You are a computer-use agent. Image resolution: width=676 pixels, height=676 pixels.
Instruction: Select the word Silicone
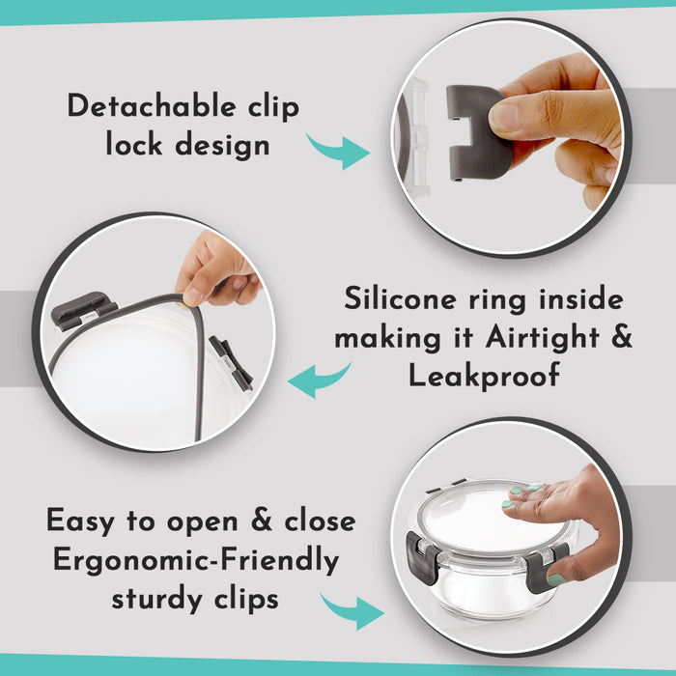400,297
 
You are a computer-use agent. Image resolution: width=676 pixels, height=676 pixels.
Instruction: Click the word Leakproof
484,375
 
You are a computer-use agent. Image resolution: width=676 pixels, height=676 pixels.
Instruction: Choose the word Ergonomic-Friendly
196,560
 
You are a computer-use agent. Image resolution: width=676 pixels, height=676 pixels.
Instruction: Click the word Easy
80,521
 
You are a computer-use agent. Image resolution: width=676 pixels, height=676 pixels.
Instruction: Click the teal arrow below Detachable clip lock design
338,151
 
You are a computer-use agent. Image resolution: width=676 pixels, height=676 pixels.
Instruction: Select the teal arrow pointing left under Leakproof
319,380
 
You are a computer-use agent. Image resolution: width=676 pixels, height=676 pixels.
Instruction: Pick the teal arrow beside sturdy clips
352,611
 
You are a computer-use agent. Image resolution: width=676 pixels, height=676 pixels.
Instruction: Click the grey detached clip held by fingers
477,132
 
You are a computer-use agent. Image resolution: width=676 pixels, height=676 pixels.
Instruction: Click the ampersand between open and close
262,520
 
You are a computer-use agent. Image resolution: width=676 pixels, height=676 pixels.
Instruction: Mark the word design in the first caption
222,145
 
